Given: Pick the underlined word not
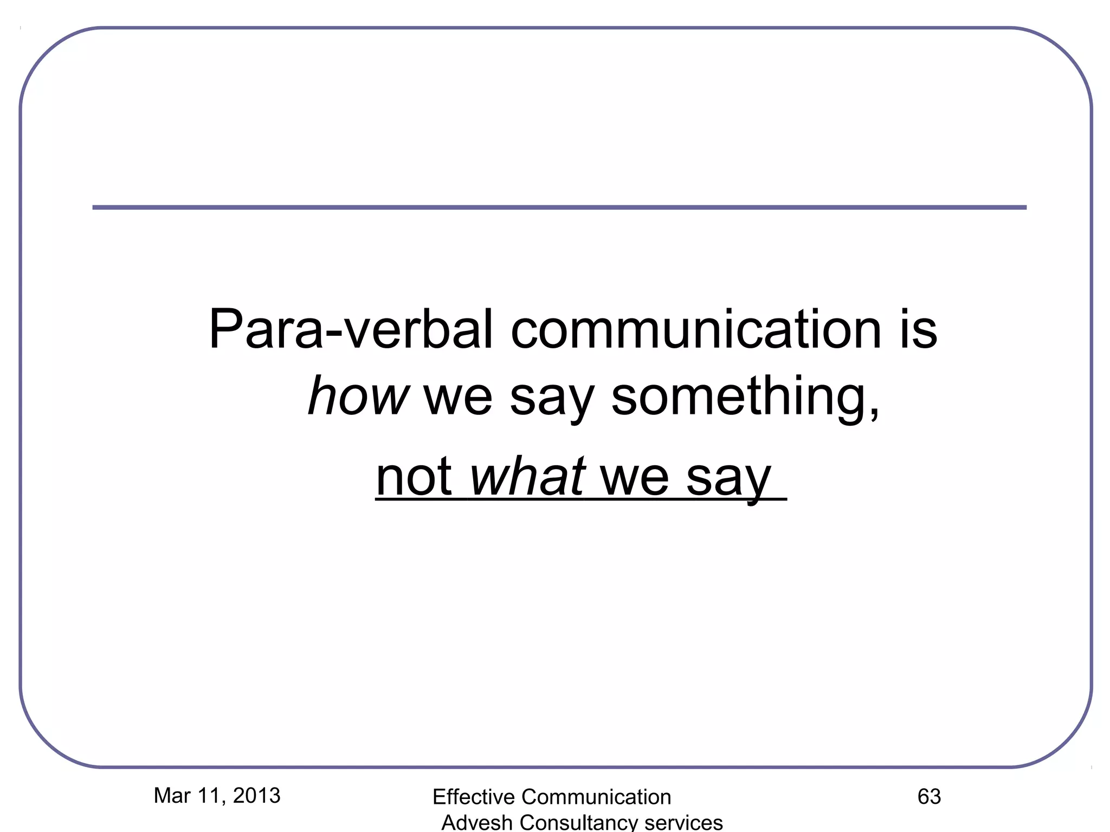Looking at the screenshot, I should (414, 477).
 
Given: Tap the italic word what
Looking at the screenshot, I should (527, 477).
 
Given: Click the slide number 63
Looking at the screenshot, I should (929, 796).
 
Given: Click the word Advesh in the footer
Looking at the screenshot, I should (476, 822).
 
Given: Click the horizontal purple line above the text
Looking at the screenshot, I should (559, 207).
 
